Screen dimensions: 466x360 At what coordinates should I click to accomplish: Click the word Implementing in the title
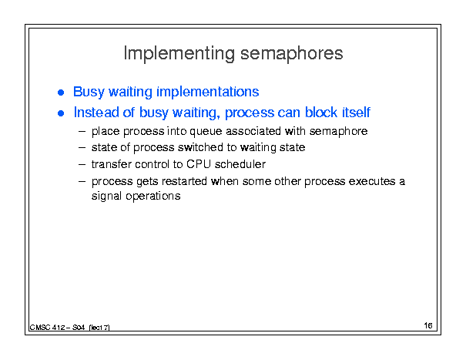click(x=179, y=53)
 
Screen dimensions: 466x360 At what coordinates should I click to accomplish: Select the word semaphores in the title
click(x=292, y=54)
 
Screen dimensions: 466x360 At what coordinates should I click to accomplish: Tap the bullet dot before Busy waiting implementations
click(x=61, y=93)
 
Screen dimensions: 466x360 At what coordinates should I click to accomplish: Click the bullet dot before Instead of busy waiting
click(x=61, y=113)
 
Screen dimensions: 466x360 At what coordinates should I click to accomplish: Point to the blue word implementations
click(x=208, y=92)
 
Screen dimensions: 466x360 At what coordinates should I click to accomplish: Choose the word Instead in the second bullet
click(x=96, y=113)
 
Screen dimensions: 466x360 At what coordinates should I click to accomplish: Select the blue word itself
click(x=356, y=113)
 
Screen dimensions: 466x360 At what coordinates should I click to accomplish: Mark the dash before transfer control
click(x=82, y=164)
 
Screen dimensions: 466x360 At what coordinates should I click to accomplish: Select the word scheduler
click(x=240, y=164)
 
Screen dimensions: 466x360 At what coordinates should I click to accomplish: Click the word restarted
click(x=184, y=181)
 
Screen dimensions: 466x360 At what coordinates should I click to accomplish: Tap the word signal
click(x=107, y=197)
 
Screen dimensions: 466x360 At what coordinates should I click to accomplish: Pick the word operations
click(x=153, y=197)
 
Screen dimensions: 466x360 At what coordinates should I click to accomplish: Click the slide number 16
click(x=428, y=325)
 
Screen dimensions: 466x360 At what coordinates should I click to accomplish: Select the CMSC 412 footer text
click(x=70, y=328)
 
